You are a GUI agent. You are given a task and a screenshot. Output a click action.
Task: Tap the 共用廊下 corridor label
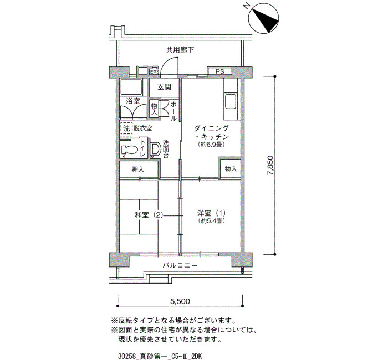(x=180, y=50)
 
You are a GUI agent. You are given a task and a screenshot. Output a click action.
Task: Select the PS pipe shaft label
(x=219, y=71)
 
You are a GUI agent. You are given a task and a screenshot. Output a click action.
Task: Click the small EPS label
(x=155, y=72)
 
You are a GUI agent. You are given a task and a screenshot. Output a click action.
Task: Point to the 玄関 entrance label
(x=164, y=88)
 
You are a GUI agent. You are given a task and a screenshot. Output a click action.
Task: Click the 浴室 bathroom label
(x=133, y=101)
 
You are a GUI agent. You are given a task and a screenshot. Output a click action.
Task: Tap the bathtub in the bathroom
(x=131, y=87)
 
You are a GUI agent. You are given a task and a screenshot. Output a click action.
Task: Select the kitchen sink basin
(x=231, y=102)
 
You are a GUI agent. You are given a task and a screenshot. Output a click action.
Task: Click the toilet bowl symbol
(x=129, y=150)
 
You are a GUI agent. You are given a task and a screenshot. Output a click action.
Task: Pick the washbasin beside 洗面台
(x=156, y=149)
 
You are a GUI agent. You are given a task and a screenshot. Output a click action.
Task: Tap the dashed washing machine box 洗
(x=126, y=128)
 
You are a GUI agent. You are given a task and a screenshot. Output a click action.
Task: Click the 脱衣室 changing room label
(x=143, y=128)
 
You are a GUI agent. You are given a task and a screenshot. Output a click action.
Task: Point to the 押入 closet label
(x=138, y=169)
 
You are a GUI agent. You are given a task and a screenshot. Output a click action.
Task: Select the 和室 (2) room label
(x=149, y=215)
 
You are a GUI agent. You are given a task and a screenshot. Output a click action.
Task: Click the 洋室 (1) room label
(x=211, y=213)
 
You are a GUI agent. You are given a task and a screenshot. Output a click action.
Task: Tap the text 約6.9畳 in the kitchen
(x=211, y=145)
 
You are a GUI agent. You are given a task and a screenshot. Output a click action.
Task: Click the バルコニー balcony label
(x=180, y=265)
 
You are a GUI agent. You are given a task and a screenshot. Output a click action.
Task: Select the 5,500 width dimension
(x=180, y=301)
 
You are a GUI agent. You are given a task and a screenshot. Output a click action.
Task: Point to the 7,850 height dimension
(x=270, y=166)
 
